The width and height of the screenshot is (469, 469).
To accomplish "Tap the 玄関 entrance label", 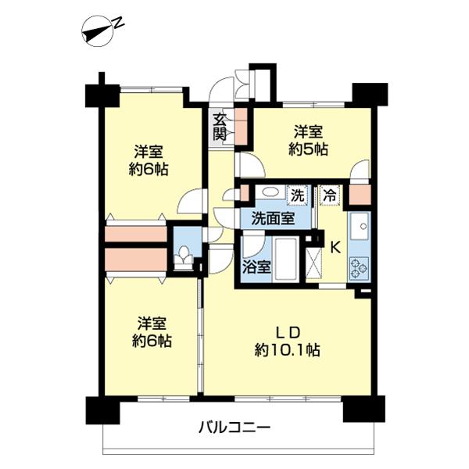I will click(x=220, y=127).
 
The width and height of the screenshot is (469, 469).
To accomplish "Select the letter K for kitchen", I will click(x=335, y=248).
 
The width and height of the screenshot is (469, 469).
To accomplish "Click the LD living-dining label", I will click(x=287, y=330).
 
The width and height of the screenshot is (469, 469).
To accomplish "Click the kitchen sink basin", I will click(x=361, y=227).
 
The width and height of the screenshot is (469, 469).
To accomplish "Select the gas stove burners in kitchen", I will click(x=360, y=269).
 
